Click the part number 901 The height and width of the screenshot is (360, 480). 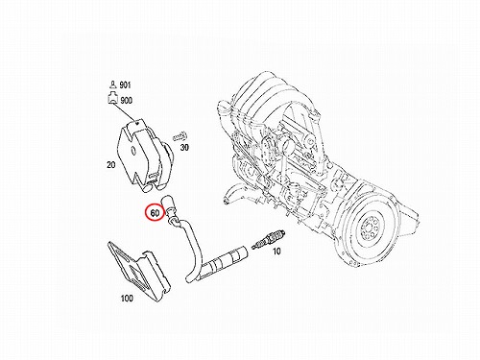pos(125,85)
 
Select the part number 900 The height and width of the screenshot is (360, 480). pos(127,101)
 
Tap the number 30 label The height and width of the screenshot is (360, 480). pos(184,148)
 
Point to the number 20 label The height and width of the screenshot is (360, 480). pos(110,165)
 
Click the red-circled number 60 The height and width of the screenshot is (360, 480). pos(155,213)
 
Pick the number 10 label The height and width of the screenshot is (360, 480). pos(276,252)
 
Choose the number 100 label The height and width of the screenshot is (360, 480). pos(127,299)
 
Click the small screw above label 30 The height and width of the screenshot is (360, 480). pos(180,136)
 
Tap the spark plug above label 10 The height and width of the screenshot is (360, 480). pos(268,239)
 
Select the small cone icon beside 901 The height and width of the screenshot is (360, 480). pos(112,84)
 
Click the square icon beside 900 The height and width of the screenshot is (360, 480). pos(112,98)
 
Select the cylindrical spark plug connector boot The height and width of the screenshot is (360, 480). pos(227,259)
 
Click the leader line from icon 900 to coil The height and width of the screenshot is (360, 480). pos(125,112)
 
